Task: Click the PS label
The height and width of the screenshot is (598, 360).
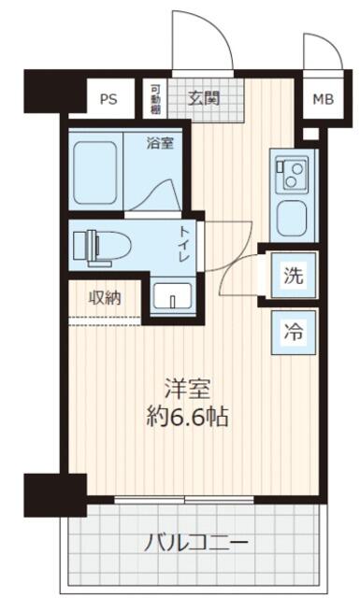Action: pos(108,99)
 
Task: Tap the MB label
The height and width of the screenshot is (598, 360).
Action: pos(323,99)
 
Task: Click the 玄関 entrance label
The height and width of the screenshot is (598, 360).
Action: pos(204,98)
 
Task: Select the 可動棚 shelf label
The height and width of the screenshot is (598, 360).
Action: pos(155,99)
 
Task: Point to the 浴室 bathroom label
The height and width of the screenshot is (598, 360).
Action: pos(160,143)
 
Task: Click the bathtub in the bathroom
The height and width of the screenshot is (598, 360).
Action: pos(95,172)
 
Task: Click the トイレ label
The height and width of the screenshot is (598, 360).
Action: pos(185,244)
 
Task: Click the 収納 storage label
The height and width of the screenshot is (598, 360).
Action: pos(105,297)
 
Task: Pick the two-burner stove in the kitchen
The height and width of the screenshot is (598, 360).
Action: pos(292,175)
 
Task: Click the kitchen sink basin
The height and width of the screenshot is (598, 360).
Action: pos(292,220)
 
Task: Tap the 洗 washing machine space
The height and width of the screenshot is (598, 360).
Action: pos(294,276)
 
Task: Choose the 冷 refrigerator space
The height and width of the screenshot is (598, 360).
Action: pos(294,333)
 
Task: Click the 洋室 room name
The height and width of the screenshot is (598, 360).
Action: pos(187,389)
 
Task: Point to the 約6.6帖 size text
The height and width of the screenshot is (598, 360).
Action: pos(187,417)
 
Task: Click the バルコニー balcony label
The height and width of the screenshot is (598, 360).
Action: pos(195,542)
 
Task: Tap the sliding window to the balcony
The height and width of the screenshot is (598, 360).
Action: pos(184,499)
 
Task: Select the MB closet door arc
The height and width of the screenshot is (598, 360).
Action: pos(332,45)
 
